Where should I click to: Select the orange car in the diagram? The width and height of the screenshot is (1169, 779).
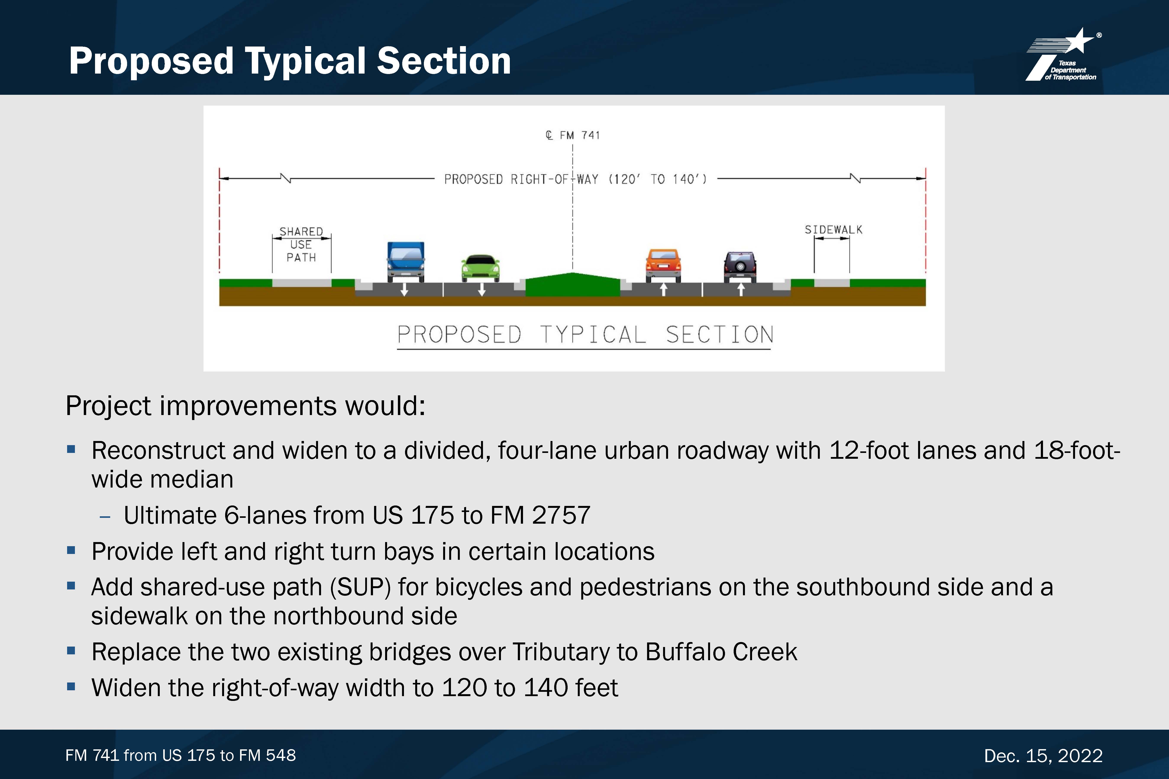tap(663, 266)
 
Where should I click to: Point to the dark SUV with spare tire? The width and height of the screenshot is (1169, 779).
tap(740, 267)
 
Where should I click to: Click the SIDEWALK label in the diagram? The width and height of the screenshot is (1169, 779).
tap(833, 230)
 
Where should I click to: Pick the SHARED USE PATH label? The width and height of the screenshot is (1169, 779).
tap(301, 245)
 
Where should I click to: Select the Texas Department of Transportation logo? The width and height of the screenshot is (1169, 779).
tap(1063, 55)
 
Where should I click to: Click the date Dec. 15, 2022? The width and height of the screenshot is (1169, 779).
tap(1043, 756)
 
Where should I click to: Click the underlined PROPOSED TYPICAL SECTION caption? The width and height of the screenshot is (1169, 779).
tap(585, 335)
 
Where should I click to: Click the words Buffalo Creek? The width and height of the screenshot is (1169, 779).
tap(721, 652)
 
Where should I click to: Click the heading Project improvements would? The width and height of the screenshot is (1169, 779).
tap(245, 406)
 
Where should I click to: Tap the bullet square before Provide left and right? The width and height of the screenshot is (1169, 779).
tap(71, 550)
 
